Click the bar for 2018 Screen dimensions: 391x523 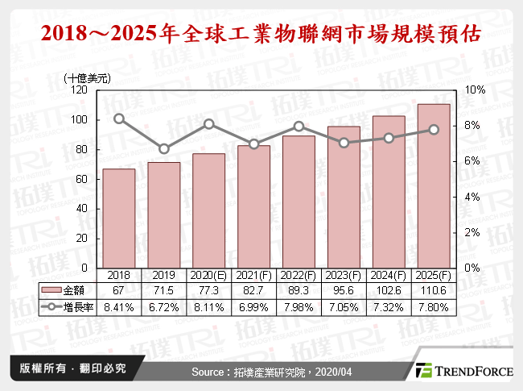pos(118,218)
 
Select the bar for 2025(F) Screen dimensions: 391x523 pos(434,185)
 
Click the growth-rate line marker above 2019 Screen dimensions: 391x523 pos(163,148)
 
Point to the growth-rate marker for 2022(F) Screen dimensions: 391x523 pos(299,126)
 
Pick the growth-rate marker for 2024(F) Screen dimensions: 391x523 pos(389,138)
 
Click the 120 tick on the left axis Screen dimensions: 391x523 pos(79,90)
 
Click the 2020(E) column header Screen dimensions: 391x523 pos(208,274)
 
